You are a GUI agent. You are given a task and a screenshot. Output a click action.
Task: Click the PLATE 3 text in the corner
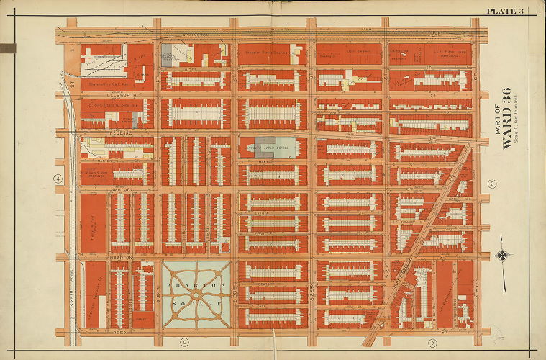(x=506, y=10)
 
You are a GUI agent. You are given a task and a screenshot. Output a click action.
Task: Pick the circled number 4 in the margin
(x=57, y=179)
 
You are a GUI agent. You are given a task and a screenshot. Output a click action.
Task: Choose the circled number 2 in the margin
(x=492, y=184)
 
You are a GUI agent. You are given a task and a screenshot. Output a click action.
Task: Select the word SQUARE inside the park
(x=196, y=304)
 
